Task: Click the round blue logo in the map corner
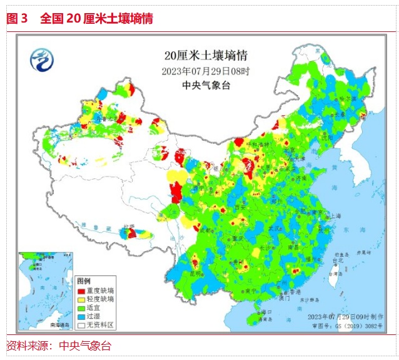point(42,59)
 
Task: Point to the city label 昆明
point(194,274)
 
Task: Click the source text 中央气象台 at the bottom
point(84,346)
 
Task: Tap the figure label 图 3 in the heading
point(17,19)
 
